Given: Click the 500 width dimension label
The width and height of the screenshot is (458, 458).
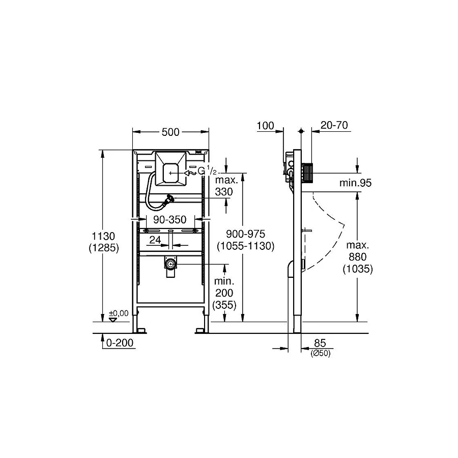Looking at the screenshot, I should coord(170,132).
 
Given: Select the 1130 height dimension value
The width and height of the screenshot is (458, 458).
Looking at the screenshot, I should coord(104,236).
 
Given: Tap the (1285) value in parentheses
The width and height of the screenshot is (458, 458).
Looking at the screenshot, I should coord(104,248).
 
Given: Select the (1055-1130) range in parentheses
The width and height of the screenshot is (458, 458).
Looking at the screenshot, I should coord(245,246).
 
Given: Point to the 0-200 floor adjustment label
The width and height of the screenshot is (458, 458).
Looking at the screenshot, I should coord(120,343).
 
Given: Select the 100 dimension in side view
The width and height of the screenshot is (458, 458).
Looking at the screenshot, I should coord(265,126).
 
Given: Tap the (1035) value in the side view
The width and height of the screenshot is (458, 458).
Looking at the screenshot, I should coord(357,270).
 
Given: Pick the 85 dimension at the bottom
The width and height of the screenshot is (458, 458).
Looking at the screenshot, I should coord(320,343).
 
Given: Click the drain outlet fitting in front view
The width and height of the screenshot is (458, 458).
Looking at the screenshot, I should coord(170,265).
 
